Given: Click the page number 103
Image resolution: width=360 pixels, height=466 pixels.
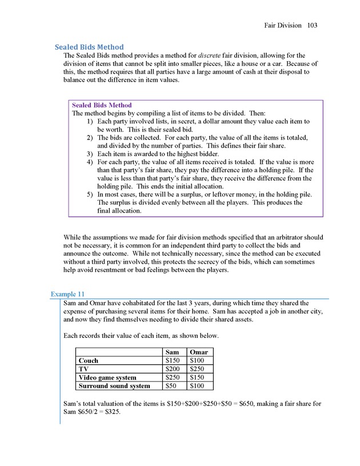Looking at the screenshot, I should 312,25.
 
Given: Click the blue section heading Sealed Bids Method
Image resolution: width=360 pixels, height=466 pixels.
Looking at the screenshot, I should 89,47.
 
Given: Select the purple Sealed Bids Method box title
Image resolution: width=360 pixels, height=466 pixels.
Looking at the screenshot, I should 102,105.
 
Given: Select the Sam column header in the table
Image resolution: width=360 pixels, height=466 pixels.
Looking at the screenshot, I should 172,352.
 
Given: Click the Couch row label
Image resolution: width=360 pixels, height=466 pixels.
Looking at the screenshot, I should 89,361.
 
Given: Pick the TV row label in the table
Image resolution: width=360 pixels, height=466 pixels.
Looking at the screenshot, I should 83,369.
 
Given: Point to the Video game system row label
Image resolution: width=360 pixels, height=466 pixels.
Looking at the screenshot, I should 107,377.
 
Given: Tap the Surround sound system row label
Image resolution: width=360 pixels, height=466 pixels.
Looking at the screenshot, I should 114,386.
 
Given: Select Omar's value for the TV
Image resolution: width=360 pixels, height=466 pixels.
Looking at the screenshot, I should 199,369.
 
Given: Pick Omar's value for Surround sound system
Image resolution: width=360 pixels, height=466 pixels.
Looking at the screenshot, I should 199,386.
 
